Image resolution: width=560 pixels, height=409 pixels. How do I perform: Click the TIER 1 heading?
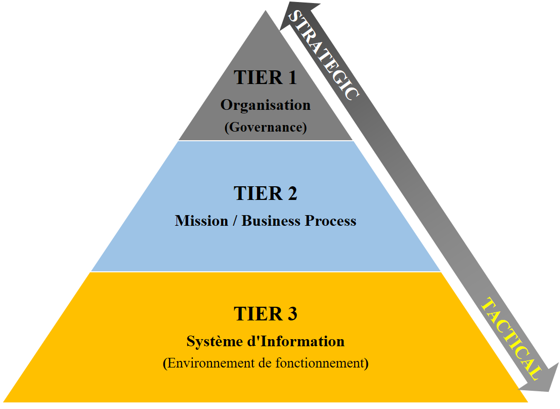tap(265, 78)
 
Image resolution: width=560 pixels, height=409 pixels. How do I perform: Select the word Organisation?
tap(265, 105)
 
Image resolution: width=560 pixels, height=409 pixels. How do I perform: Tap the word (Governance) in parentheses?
tap(265, 127)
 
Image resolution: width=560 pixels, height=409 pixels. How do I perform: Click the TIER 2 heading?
tap(265, 193)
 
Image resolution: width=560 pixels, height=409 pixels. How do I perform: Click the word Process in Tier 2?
tap(330, 221)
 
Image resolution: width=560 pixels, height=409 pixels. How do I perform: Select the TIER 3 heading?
tap(265, 314)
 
